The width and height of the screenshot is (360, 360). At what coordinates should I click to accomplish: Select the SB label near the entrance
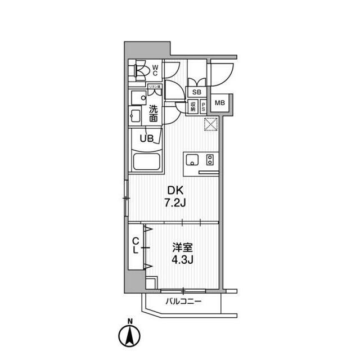(x=197, y=92)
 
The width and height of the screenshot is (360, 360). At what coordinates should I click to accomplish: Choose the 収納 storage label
(x=192, y=106)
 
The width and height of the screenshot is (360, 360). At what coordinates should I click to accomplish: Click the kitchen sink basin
(x=191, y=159)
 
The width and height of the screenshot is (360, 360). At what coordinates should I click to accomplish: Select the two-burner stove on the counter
(x=209, y=159)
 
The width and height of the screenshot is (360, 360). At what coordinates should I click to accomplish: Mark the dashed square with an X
(x=211, y=124)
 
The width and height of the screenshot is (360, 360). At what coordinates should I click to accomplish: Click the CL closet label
(x=135, y=246)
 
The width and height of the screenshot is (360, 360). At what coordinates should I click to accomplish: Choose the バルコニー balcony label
(x=183, y=303)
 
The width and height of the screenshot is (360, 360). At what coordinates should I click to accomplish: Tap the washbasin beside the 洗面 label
(x=135, y=116)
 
